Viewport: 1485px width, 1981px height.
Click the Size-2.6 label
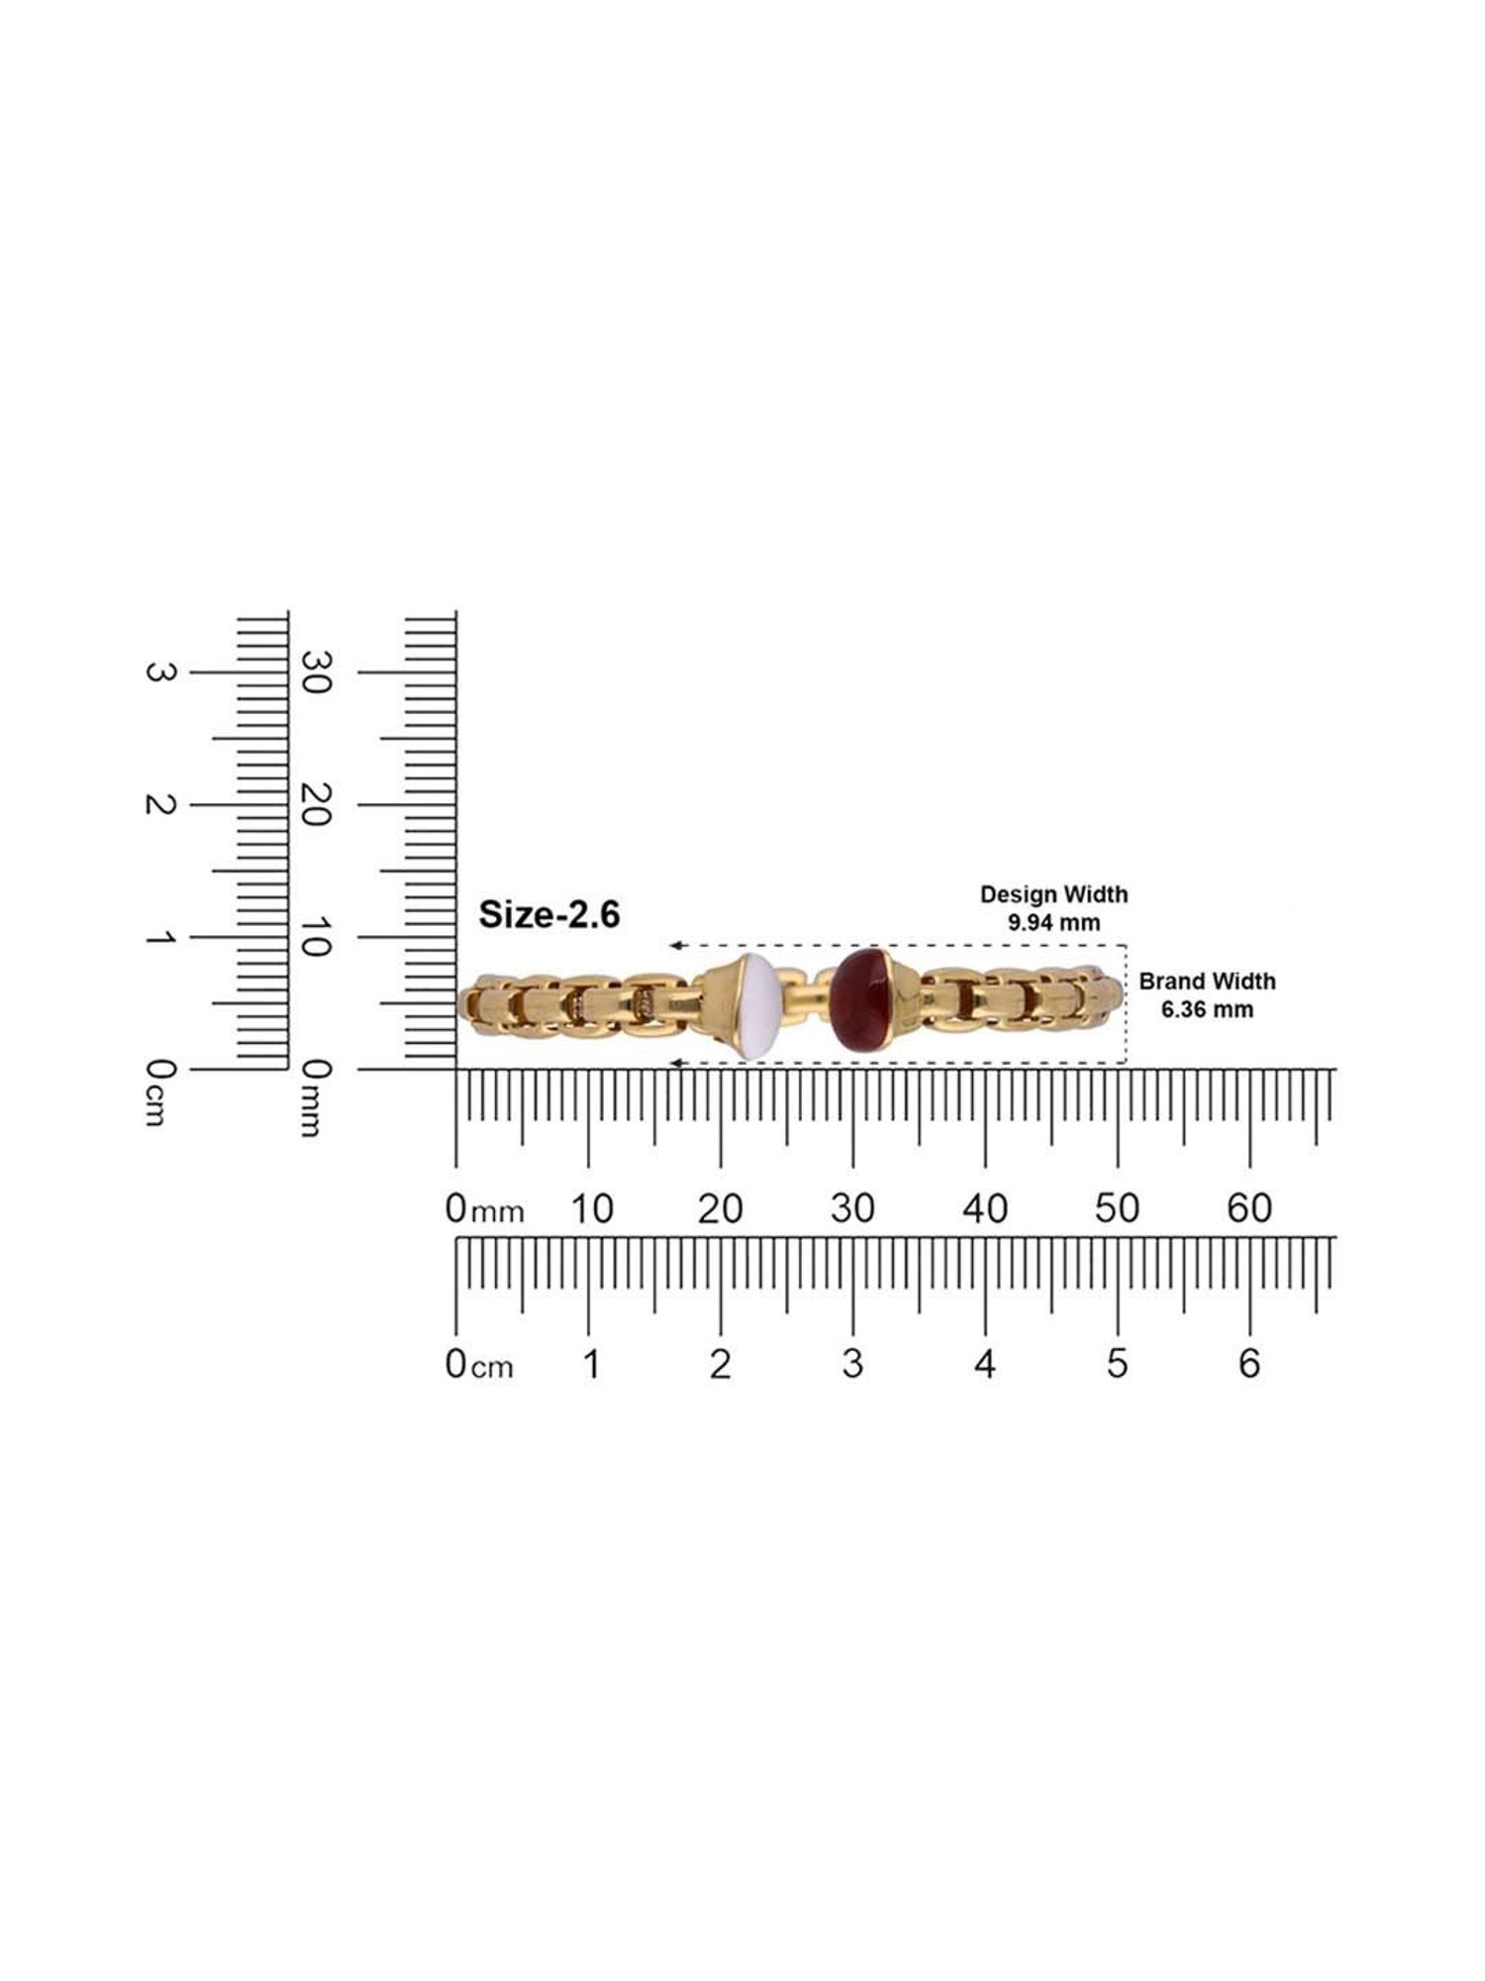point(549,914)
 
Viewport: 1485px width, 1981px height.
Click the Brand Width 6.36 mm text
point(1207,995)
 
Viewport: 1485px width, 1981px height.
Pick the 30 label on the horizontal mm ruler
point(852,1208)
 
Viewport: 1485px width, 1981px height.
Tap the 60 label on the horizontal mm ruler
point(1249,1208)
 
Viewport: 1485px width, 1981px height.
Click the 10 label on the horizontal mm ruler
point(590,1208)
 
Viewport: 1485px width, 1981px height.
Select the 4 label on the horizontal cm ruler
point(984,1364)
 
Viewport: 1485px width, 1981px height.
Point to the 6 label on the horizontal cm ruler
point(1249,1364)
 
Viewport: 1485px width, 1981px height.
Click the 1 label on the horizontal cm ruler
point(591,1364)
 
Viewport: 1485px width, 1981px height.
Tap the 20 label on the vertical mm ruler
point(314,805)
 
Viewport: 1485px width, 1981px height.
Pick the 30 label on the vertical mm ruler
point(314,673)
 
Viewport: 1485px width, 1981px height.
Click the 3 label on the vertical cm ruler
point(159,673)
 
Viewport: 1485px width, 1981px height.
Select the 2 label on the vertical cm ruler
point(159,805)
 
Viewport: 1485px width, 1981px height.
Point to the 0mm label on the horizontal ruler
point(484,1209)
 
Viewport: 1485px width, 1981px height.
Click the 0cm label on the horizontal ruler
point(479,1365)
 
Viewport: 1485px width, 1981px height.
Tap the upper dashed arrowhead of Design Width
point(675,945)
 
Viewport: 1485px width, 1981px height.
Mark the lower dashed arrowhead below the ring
point(675,1064)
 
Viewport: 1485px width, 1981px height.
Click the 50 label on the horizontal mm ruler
point(1117,1208)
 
